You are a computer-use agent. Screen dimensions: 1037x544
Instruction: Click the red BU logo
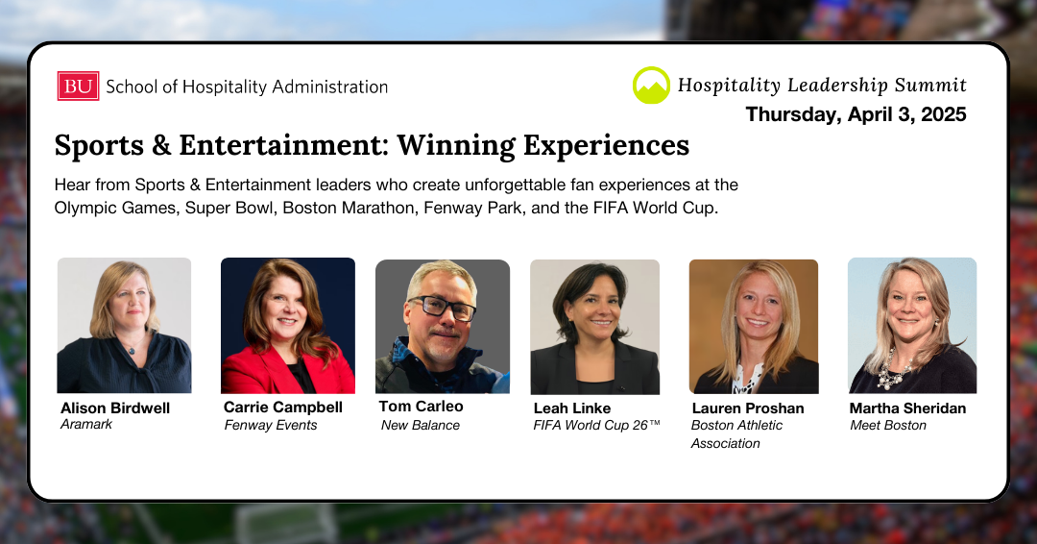pos(78,87)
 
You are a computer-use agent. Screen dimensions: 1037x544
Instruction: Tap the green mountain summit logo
pos(651,86)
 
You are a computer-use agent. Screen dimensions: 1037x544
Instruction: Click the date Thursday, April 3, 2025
pos(856,114)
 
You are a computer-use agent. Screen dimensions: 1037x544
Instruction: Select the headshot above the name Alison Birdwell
pos(124,326)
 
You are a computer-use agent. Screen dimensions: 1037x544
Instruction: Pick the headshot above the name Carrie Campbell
pos(288,326)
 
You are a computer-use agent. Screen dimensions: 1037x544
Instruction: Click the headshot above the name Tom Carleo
pos(443,326)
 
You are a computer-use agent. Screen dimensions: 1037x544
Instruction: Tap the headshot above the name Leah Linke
pos(594,327)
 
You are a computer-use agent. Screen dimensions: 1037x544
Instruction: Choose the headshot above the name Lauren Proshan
pos(754,327)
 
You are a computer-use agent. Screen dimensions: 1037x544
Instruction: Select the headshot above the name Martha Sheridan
pos(912,326)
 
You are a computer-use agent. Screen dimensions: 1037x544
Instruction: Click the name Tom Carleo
pos(421,407)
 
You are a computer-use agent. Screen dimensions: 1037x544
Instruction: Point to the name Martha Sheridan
pos(907,408)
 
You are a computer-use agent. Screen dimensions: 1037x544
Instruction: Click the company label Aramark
pos(86,424)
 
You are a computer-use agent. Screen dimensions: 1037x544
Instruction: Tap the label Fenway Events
pos(271,426)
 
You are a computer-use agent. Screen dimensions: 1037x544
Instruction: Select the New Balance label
pos(420,426)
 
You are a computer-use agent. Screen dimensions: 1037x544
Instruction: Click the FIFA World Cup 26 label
pos(596,426)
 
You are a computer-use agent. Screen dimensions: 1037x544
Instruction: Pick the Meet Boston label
pos(887,426)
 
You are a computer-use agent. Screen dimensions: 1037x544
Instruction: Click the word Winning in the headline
pos(456,145)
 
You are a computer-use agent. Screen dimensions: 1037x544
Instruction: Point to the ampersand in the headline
pos(160,145)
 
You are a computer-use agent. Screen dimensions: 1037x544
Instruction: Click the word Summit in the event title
pos(930,86)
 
